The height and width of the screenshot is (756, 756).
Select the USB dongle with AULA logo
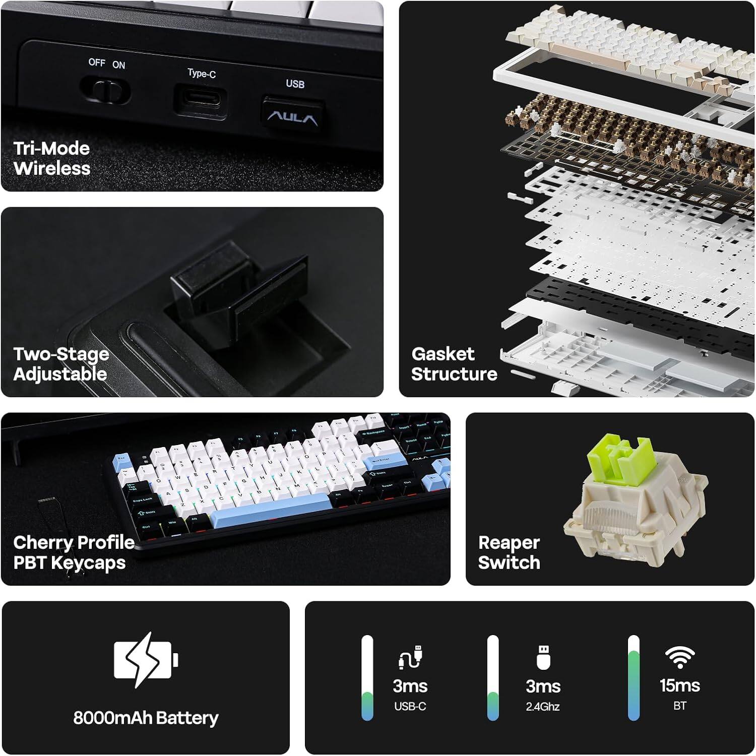pyautogui.click(x=293, y=114)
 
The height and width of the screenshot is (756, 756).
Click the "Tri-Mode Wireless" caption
pyautogui.click(x=52, y=158)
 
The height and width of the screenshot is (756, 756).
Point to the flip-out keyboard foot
pyautogui.click(x=237, y=292)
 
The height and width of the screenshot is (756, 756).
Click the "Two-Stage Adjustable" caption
pyautogui.click(x=61, y=364)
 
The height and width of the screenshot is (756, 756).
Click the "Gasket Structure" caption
pyautogui.click(x=454, y=364)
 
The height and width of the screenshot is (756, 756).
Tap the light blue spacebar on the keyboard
pyautogui.click(x=270, y=511)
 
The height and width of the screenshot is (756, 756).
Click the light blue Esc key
pyautogui.click(x=122, y=460)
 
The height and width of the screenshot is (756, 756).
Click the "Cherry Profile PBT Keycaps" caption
pyautogui.click(x=74, y=552)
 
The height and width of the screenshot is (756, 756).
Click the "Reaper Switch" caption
pyautogui.click(x=509, y=552)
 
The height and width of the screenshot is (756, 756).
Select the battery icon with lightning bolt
pyautogui.click(x=145, y=659)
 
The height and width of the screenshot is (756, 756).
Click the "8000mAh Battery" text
pyautogui.click(x=146, y=718)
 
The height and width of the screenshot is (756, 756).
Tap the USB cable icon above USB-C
pyautogui.click(x=410, y=657)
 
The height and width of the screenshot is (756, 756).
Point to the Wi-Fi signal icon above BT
pyautogui.click(x=679, y=657)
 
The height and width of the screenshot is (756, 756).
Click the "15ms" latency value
pyautogui.click(x=679, y=685)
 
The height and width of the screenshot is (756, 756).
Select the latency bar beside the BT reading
pyautogui.click(x=634, y=678)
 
